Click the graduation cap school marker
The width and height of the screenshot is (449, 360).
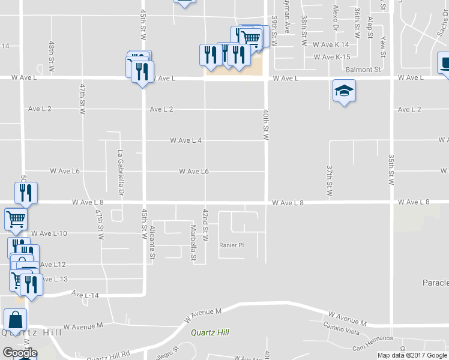[x=344, y=92]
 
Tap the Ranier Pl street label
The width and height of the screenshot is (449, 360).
[x=232, y=245]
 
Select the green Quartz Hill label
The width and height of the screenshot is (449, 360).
[x=211, y=332]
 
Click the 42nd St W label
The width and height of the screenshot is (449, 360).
[x=205, y=226]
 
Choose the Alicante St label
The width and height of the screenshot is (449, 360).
[x=152, y=244]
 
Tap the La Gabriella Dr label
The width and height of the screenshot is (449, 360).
[x=120, y=173]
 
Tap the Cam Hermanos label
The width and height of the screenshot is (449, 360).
[x=373, y=343]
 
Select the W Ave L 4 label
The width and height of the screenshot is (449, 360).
[x=185, y=140]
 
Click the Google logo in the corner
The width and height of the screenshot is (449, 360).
[x=20, y=352]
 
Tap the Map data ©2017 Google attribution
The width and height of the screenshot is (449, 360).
[x=412, y=355]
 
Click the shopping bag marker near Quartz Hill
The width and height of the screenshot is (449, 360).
[x=15, y=320]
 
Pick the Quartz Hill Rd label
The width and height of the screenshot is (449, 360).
[x=108, y=356]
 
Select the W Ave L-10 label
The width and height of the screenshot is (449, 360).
[x=49, y=233]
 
